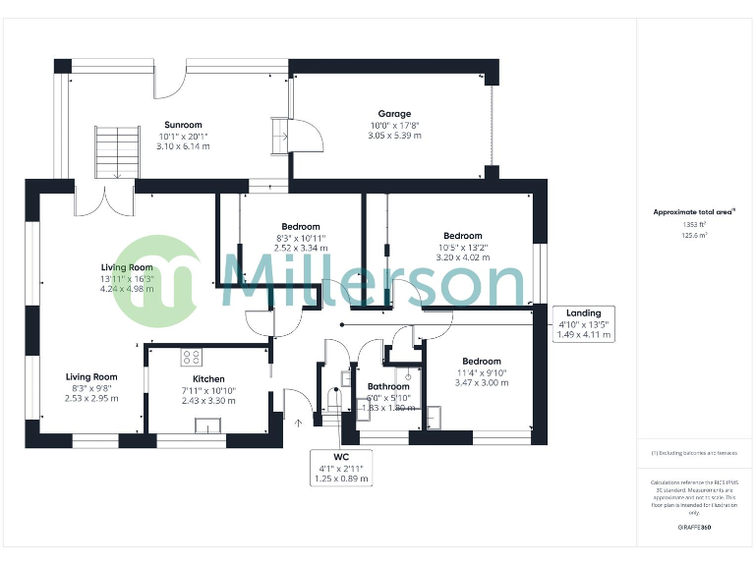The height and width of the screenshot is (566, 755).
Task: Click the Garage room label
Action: [394, 114]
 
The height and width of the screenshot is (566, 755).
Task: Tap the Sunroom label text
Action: [183, 125]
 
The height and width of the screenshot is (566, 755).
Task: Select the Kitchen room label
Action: [208, 379]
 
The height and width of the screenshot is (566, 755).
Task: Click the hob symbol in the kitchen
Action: [191, 357]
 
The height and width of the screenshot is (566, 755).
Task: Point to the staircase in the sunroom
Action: [115, 151]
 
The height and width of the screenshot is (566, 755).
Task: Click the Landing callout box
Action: [584, 323]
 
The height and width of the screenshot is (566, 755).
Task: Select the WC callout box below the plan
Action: [341, 468]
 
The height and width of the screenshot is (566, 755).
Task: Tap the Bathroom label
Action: [387, 387]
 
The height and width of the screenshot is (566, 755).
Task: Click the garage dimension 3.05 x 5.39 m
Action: [394, 136]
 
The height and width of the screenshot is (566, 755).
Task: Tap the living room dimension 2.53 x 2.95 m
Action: [91, 399]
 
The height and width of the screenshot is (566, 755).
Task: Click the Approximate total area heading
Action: [693, 211]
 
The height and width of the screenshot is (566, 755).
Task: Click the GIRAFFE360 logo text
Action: [694, 528]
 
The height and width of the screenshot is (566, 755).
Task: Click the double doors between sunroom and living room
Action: [105, 199]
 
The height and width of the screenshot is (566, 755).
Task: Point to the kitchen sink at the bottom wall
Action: [208, 424]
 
